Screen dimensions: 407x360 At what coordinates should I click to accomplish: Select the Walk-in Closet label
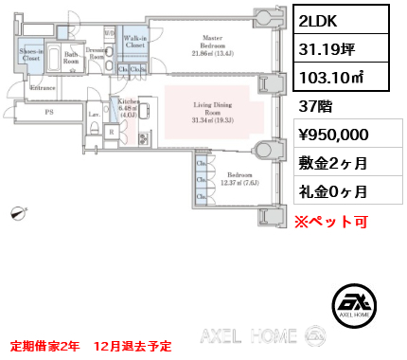pyautogui.click(x=134, y=40)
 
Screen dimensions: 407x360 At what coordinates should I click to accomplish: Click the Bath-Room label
pyautogui.click(x=70, y=58)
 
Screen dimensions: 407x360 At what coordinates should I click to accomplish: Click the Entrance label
pyautogui.click(x=43, y=88)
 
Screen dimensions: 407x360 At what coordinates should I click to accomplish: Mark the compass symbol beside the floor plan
pyautogui.click(x=17, y=214)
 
